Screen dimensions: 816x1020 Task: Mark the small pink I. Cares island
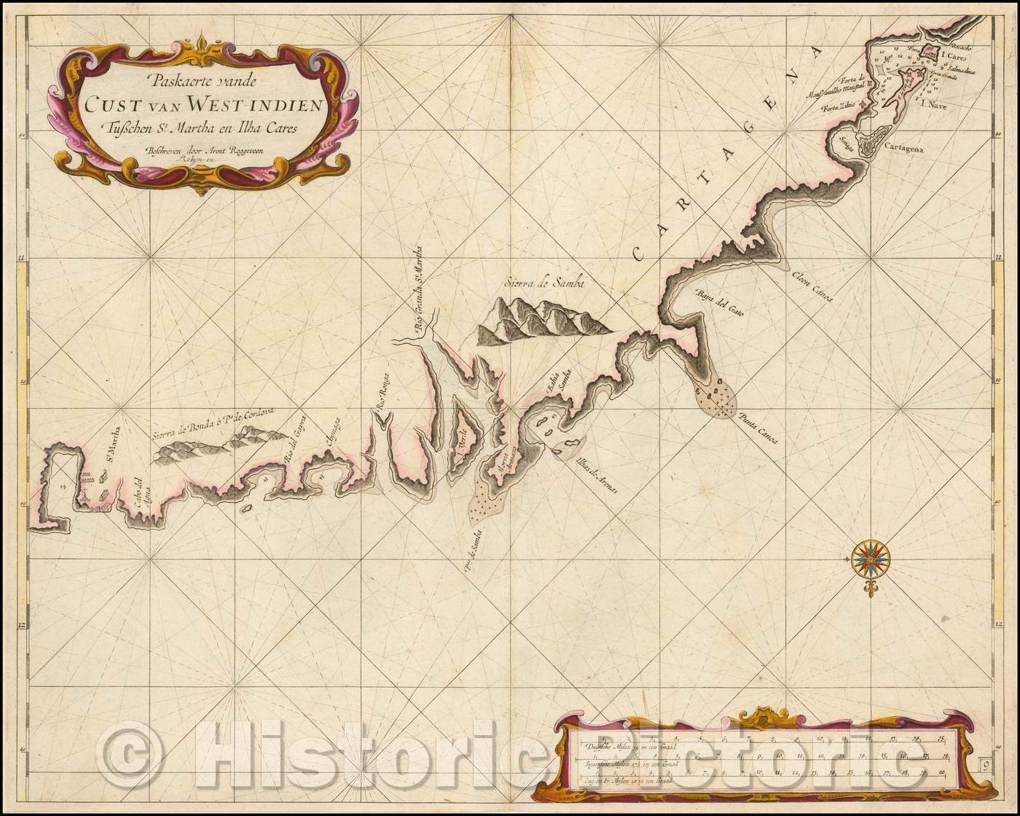pyautogui.click(x=927, y=52)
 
